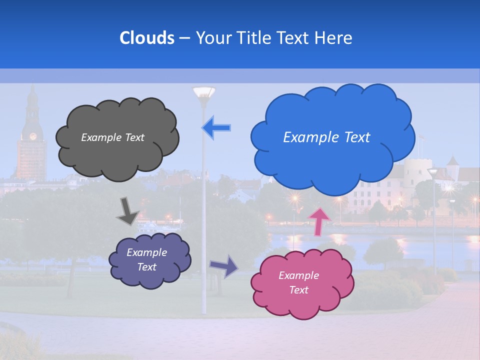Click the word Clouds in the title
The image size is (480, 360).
pyautogui.click(x=147, y=37)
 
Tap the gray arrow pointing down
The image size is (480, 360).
pyautogui.click(x=127, y=211)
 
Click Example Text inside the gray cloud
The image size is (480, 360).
pyautogui.click(x=112, y=137)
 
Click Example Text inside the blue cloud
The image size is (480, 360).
pyautogui.click(x=326, y=137)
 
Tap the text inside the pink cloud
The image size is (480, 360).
pyautogui.click(x=298, y=282)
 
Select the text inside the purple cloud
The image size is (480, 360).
pyautogui.click(x=146, y=259)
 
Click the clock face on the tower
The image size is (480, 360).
pyautogui.click(x=33, y=136)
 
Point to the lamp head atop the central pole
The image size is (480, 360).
pyautogui.click(x=203, y=92)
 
